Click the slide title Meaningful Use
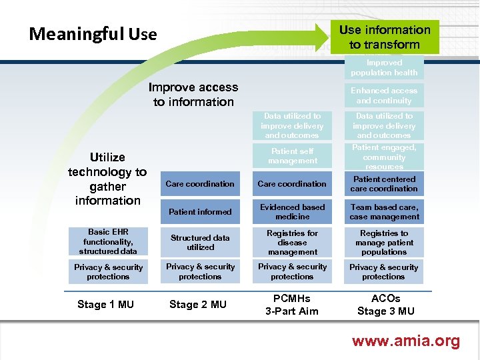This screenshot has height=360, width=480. click(x=93, y=34)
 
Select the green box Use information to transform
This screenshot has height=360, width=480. click(x=385, y=37)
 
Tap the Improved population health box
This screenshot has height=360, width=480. click(x=385, y=68)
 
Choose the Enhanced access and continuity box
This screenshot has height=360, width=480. click(x=385, y=95)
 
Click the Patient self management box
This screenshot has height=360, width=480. click(x=293, y=156)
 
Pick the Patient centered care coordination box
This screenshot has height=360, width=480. click(x=385, y=184)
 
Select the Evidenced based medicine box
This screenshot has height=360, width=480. click(x=293, y=212)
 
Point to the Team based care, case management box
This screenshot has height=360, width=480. click(x=385, y=212)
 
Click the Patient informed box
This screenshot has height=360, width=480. click(x=200, y=212)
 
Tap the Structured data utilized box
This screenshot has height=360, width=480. click(x=200, y=242)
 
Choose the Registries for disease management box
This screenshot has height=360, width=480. click(x=293, y=243)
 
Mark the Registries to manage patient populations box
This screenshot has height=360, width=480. click(x=385, y=243)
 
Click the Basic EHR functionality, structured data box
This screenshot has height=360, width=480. click(x=108, y=242)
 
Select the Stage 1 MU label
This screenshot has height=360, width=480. click(x=105, y=305)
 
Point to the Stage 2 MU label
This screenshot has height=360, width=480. click(x=198, y=305)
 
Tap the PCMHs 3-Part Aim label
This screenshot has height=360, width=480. click(x=292, y=305)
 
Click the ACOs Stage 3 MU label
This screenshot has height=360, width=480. click(x=385, y=305)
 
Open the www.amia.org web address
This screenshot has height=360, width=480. click(x=405, y=341)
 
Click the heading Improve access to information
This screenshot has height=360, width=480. click(x=193, y=95)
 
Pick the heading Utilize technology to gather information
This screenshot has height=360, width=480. click(x=107, y=179)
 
